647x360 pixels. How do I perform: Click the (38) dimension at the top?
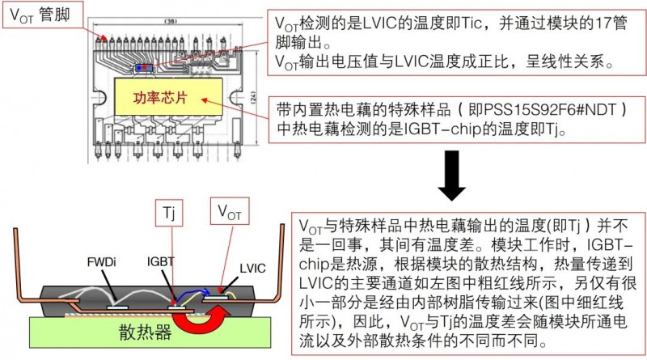click(x=170, y=22)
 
